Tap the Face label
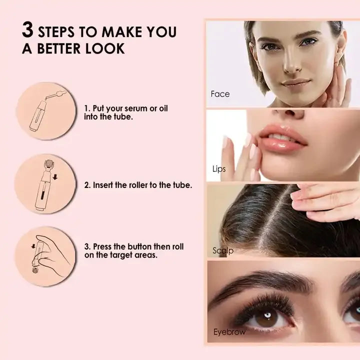tap(220, 94)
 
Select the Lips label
tap(218, 169)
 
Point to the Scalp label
tap(222, 250)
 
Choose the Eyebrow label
tap(229, 332)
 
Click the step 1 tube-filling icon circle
tap(45, 111)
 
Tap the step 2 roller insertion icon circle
tap(45, 183)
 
